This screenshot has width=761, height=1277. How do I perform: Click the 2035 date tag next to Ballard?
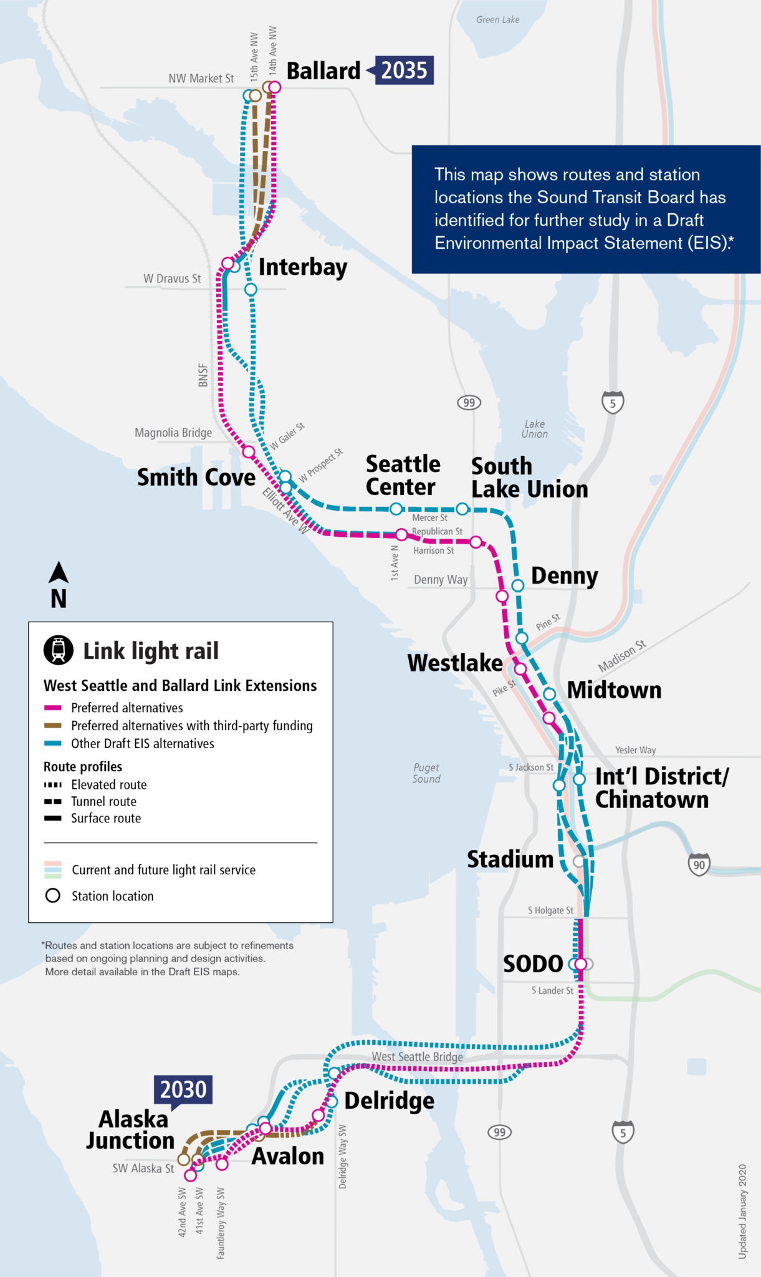click(404, 70)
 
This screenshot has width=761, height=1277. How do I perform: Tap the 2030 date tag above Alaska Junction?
click(183, 1089)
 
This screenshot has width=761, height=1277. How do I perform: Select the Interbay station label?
click(303, 267)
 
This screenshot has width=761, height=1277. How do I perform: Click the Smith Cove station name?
click(196, 477)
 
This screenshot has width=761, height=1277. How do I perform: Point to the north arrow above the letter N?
click(59, 572)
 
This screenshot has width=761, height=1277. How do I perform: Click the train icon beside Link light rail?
click(59, 650)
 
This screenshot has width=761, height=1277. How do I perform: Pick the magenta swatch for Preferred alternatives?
click(53, 708)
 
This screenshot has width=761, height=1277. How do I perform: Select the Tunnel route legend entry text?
click(103, 801)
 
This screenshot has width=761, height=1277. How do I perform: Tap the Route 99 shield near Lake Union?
click(469, 402)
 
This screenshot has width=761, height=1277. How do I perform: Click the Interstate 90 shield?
click(699, 864)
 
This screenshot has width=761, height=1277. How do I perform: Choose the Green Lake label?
click(497, 19)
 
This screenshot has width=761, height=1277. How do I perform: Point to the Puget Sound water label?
click(426, 773)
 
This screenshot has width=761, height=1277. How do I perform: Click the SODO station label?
click(533, 963)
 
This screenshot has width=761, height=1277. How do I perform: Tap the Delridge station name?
click(389, 1101)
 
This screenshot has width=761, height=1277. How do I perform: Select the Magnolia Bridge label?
click(173, 433)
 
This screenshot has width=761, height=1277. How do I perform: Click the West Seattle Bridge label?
click(417, 1056)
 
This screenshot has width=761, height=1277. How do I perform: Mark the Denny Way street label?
click(441, 579)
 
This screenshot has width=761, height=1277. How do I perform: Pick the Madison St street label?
click(622, 655)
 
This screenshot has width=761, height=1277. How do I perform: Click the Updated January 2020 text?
click(742, 1211)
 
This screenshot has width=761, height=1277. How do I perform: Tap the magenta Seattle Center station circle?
click(402, 534)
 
